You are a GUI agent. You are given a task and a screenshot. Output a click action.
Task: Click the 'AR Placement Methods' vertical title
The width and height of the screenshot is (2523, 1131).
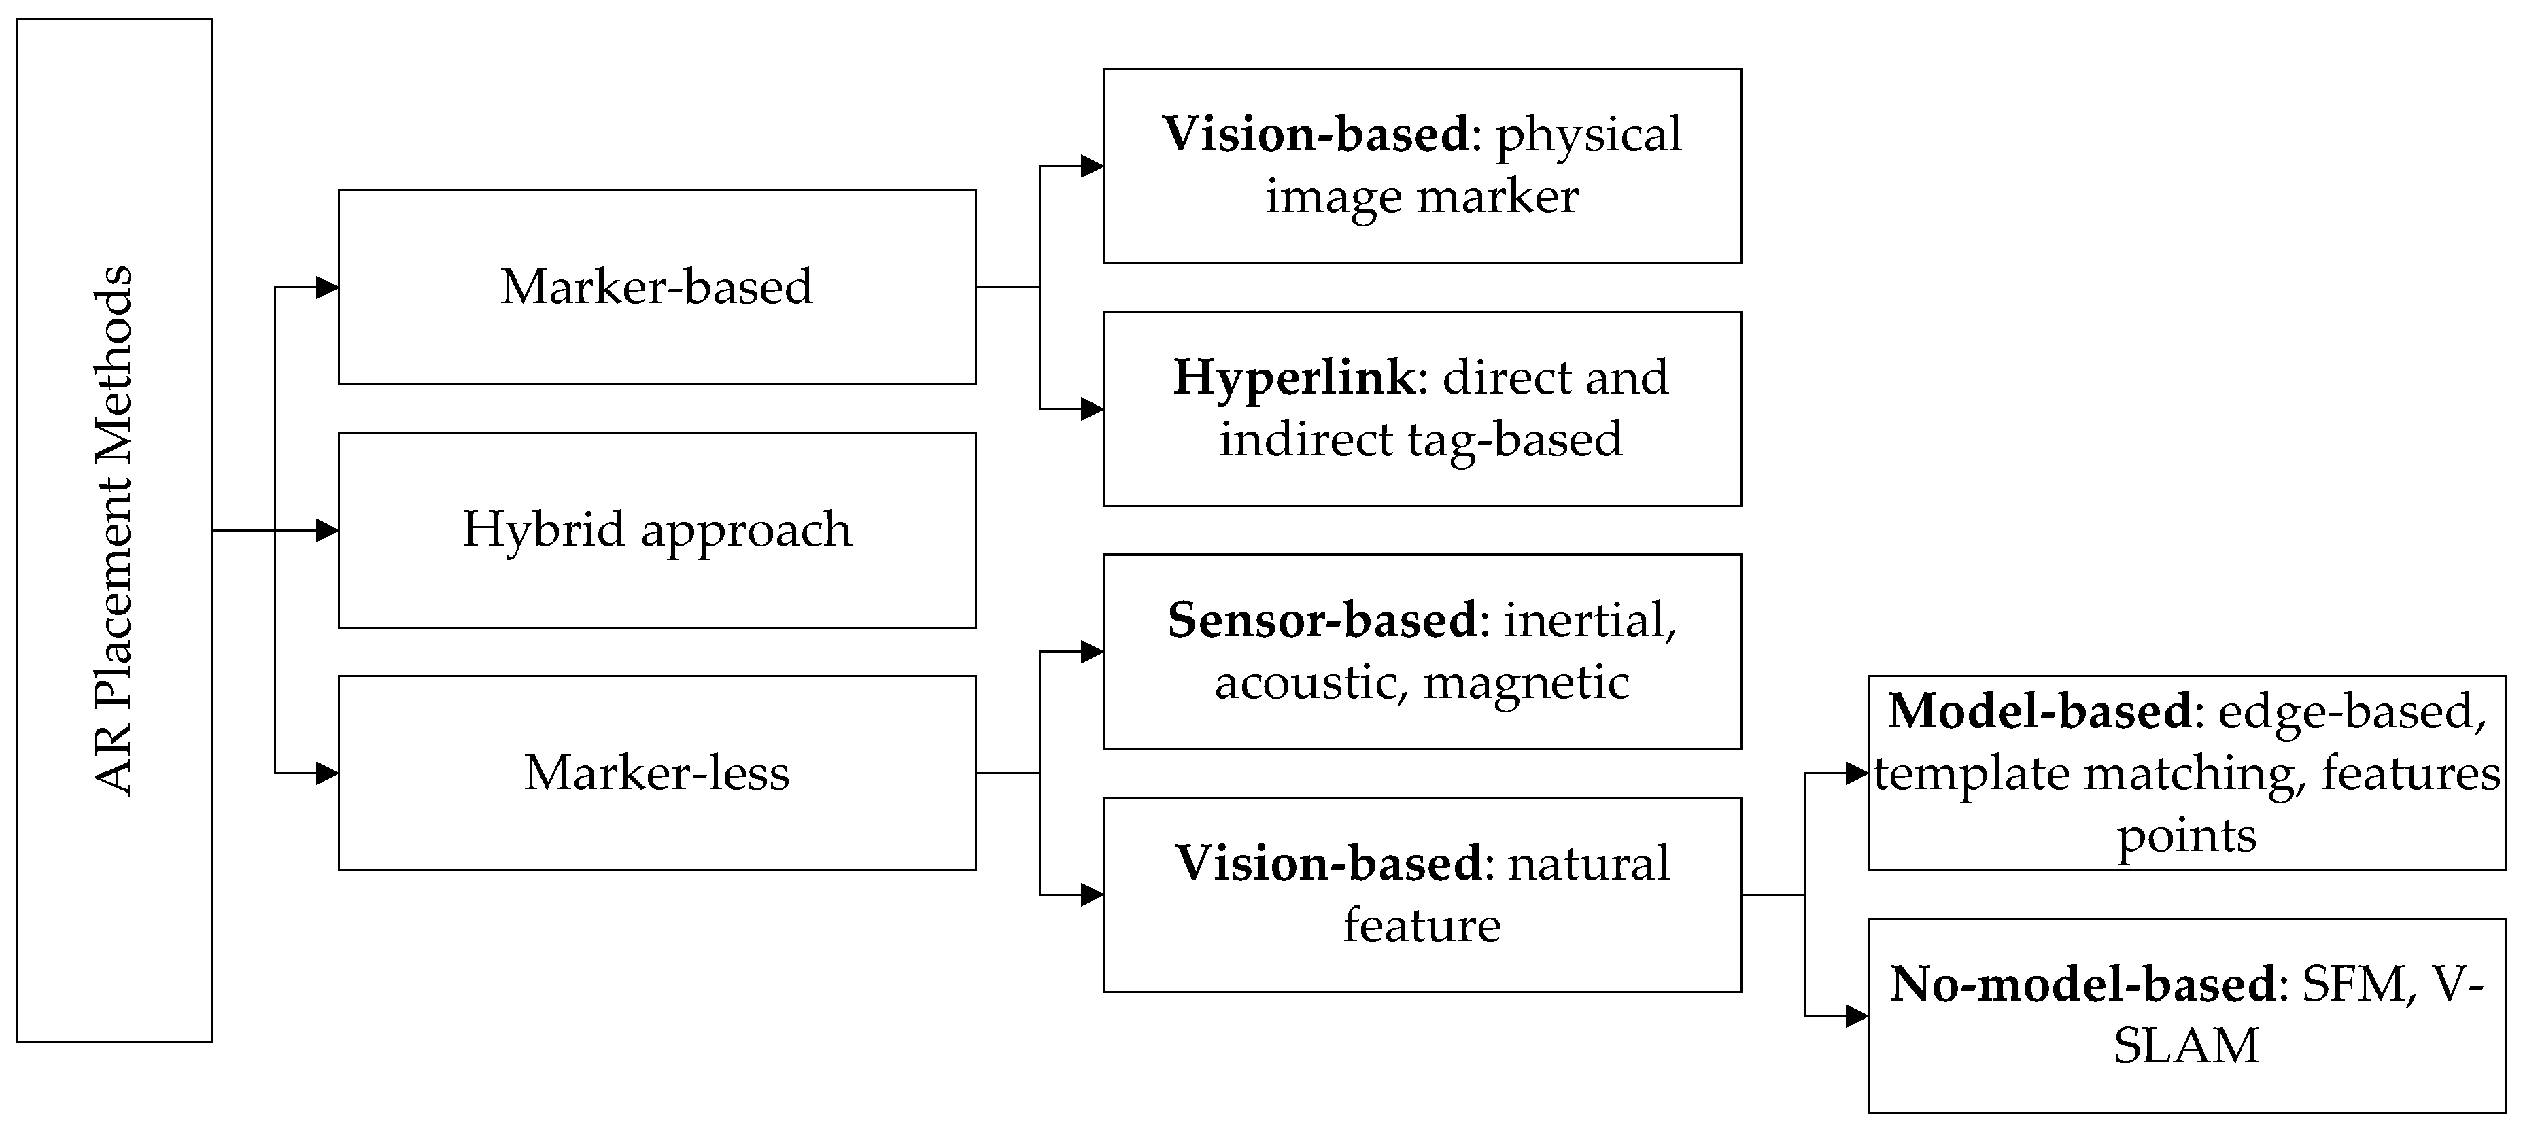pos(114,529)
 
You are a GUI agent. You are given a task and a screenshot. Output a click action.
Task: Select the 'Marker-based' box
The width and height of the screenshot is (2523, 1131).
pos(656,287)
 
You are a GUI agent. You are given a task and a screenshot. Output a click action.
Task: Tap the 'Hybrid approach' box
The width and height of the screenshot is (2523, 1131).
pos(656,529)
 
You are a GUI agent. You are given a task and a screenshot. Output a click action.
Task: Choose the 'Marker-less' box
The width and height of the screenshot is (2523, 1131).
pos(656,773)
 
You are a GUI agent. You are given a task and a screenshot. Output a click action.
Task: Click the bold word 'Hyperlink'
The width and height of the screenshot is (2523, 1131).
pos(1293,378)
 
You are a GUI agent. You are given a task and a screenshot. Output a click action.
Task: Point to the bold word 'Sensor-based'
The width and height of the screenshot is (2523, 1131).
pos(1321,621)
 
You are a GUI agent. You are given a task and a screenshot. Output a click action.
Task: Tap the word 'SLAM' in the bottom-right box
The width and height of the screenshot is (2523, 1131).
pos(2186,1046)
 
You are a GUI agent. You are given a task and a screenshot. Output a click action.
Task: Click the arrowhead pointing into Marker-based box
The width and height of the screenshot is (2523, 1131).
pos(327,287)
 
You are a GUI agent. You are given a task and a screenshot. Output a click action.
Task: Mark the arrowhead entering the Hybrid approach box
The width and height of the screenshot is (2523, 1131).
pos(327,529)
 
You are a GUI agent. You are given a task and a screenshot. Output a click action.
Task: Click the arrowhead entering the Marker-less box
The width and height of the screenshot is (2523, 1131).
pos(327,773)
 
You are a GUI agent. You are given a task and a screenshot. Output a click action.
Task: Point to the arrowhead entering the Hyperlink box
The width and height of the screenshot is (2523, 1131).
pos(1091,408)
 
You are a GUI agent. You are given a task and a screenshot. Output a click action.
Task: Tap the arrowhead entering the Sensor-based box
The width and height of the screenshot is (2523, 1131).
pos(1091,651)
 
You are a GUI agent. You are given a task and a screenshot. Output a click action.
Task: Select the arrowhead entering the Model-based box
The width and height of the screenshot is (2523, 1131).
pos(1856,773)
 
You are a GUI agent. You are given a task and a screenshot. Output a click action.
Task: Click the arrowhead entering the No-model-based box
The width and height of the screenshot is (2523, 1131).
pos(1856,1016)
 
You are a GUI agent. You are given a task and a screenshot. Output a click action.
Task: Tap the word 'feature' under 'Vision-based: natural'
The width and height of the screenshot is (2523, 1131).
pos(1421,925)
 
